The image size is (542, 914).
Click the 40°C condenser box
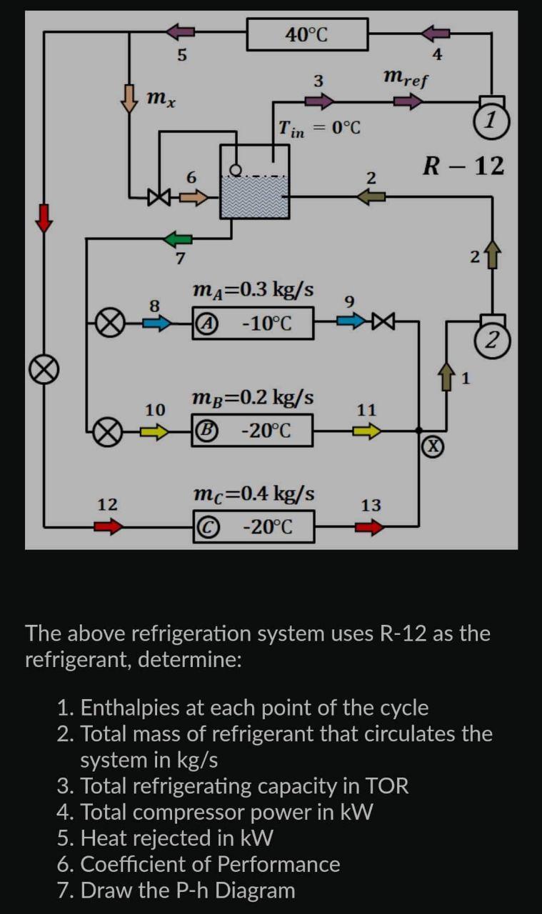[x=307, y=34]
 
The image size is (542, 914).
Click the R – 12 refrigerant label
[x=463, y=166]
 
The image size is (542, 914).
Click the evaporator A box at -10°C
[x=253, y=323]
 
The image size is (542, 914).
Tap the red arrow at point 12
[x=109, y=527]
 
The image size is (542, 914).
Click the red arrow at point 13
[x=369, y=528]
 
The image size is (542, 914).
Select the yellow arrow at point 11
[x=367, y=431]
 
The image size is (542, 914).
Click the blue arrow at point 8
[x=157, y=323]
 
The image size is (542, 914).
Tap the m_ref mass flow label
[x=406, y=78]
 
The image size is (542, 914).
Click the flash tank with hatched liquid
[x=255, y=188]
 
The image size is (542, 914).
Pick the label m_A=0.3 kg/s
[x=253, y=289]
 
